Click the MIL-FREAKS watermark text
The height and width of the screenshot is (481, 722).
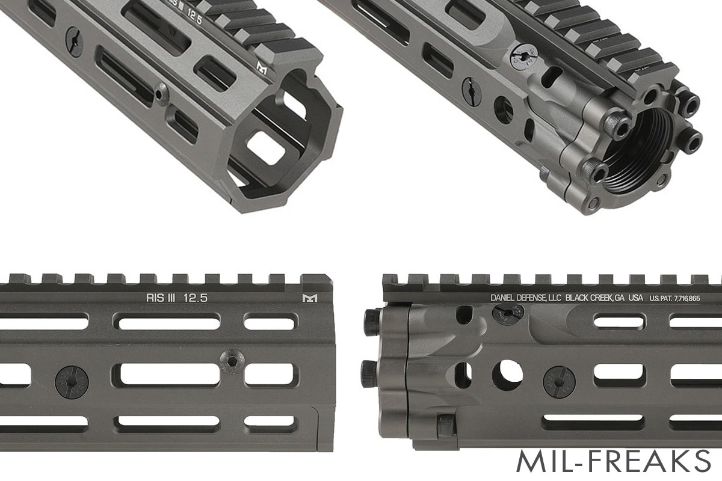(x=613, y=461)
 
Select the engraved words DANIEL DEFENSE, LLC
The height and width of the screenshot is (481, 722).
(x=526, y=298)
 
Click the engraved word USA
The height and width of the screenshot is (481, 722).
(x=635, y=298)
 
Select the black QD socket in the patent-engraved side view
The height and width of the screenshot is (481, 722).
(x=558, y=381)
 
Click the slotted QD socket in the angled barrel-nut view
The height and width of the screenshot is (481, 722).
(x=472, y=91)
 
